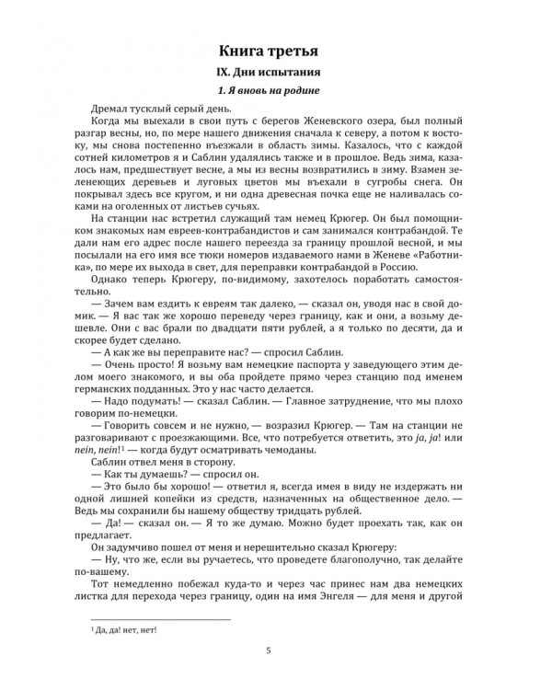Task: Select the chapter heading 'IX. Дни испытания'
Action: tap(276, 73)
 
